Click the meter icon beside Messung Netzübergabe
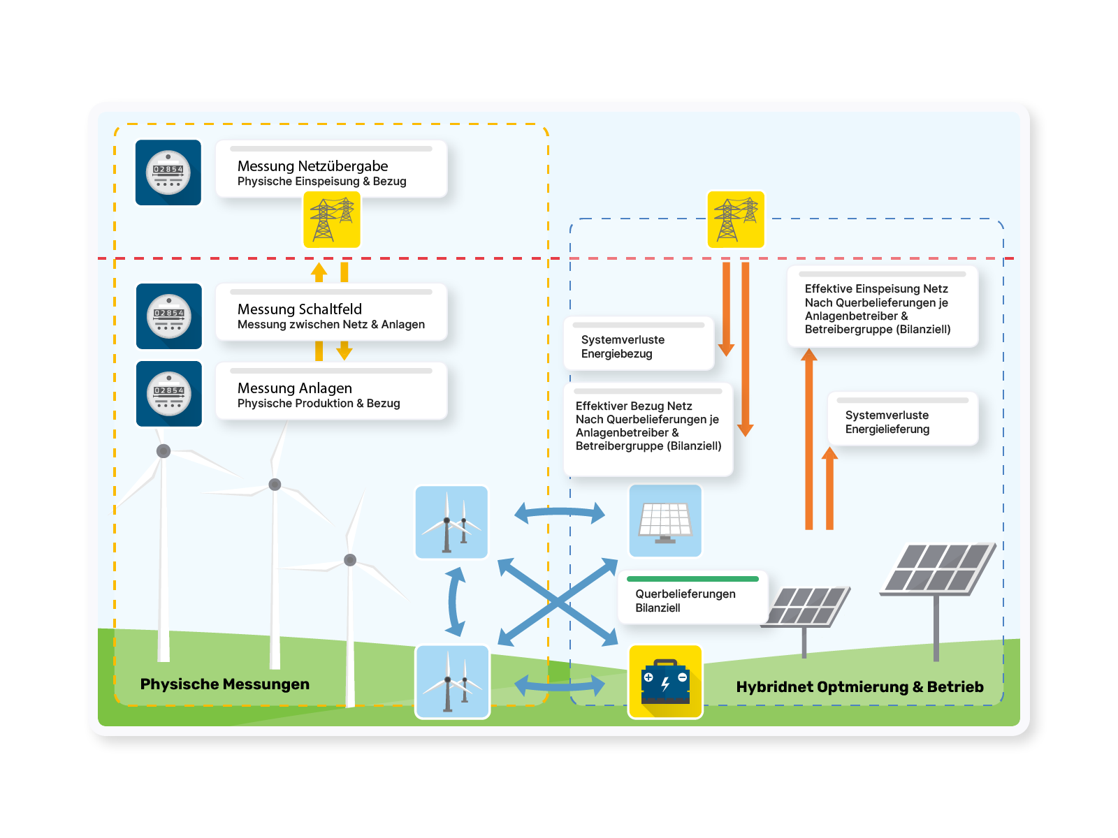[168, 172]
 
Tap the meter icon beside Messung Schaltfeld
[169, 316]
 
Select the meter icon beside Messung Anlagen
[169, 394]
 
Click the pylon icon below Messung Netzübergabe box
[332, 219]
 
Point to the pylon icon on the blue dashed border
[736, 219]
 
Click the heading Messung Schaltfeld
[300, 309]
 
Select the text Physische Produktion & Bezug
[319, 404]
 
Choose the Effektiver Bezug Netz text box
[648, 427]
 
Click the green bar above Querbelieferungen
[692, 579]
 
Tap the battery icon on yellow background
[665, 682]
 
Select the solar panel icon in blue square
[665, 521]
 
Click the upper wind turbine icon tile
[451, 522]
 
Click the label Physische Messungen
[225, 684]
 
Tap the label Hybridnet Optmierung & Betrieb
[859, 687]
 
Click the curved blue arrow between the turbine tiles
[455, 601]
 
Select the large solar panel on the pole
[936, 570]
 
